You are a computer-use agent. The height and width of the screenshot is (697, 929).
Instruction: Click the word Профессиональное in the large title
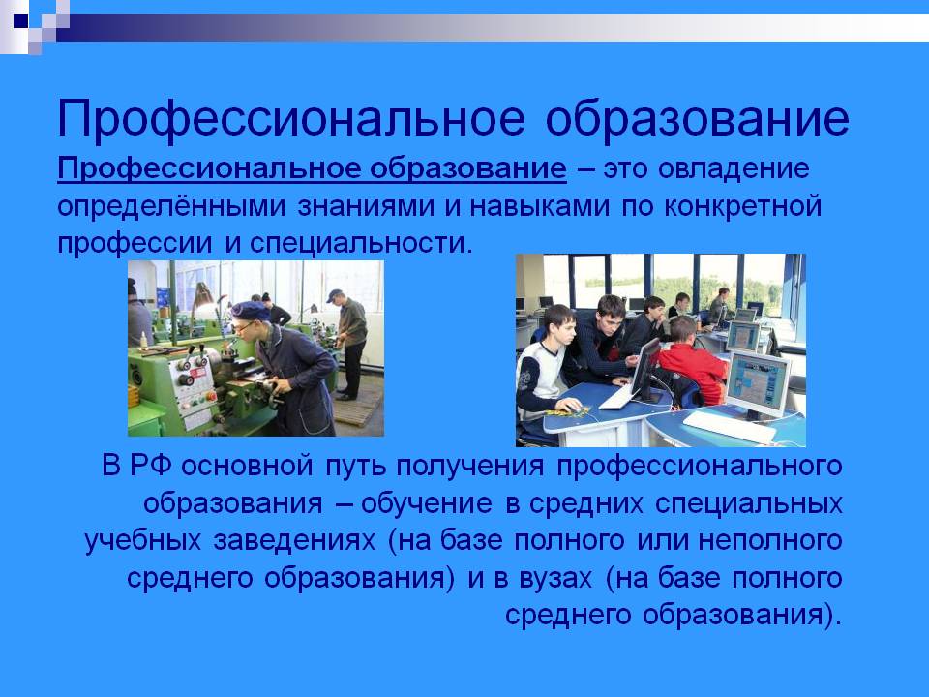click(291, 120)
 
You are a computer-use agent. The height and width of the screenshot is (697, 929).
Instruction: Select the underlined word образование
click(468, 168)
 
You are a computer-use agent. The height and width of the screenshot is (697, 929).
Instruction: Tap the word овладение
click(734, 168)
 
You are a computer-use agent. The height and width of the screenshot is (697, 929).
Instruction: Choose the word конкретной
click(743, 206)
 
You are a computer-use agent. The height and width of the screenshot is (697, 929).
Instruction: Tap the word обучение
click(427, 503)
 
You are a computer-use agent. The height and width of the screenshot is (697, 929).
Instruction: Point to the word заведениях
click(294, 540)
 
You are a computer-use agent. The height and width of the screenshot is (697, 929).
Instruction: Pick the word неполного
click(769, 540)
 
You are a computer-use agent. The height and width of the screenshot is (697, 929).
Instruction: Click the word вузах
click(555, 578)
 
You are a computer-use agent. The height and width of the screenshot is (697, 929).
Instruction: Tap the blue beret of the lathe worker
click(250, 310)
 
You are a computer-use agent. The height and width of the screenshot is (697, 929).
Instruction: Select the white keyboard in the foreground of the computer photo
click(730, 427)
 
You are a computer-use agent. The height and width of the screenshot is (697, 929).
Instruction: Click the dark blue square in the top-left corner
click(20, 21)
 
